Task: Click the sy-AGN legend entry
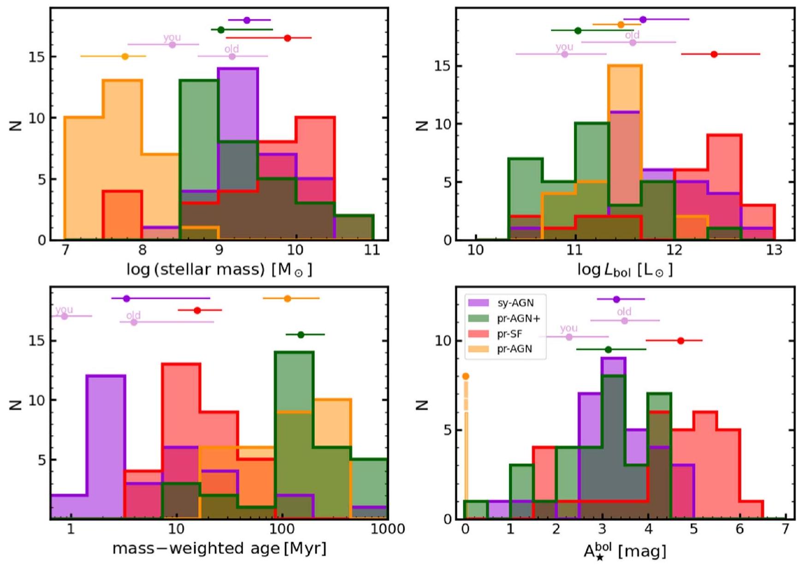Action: click(x=515, y=303)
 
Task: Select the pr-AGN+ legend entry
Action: click(x=518, y=318)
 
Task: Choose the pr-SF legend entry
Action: click(x=509, y=333)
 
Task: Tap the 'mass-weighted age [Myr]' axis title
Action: click(x=219, y=549)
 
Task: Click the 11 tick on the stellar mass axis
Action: click(x=372, y=250)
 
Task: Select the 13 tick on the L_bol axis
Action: click(x=774, y=250)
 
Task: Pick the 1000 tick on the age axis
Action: click(x=388, y=529)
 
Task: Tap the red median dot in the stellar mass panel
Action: click(x=288, y=38)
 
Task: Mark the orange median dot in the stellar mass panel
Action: click(x=125, y=57)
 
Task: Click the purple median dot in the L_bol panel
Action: click(x=643, y=19)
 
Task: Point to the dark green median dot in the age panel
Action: click(x=301, y=335)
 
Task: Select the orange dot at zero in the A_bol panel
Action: click(x=466, y=376)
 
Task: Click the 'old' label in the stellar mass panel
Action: click(x=231, y=49)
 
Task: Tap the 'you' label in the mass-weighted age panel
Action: click(x=65, y=309)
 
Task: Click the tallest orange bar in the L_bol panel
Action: click(x=625, y=152)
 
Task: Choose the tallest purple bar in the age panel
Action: click(x=106, y=447)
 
